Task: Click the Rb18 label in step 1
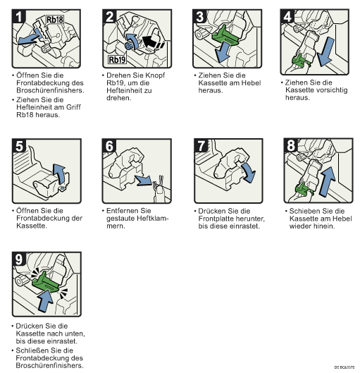[x=55, y=20]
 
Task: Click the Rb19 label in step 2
[x=117, y=59]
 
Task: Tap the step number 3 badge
[x=200, y=16]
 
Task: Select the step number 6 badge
[x=109, y=145]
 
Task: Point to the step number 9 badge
[x=19, y=259]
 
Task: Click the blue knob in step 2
[x=128, y=45]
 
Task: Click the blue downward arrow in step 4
[x=325, y=51]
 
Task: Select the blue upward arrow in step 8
[x=328, y=181]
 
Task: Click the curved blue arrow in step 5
[x=59, y=173]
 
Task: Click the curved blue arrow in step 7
[x=249, y=172]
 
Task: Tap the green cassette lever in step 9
[x=45, y=282]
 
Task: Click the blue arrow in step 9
[x=45, y=300]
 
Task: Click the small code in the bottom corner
[x=345, y=367]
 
